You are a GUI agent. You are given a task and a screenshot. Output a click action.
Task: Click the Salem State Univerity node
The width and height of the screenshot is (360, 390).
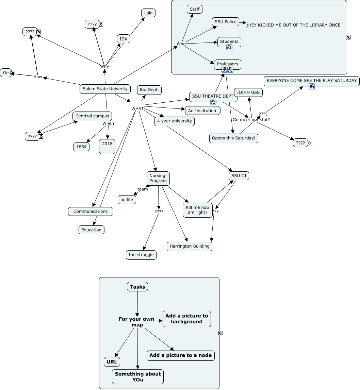point(105,89)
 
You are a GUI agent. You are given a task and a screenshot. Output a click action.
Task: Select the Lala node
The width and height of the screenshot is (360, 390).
point(148,13)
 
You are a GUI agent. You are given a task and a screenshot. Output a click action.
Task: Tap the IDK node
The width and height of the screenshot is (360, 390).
point(124,39)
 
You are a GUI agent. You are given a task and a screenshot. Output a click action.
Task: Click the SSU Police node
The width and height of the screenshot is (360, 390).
point(225,22)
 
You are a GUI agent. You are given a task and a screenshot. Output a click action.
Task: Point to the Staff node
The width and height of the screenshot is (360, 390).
point(195,9)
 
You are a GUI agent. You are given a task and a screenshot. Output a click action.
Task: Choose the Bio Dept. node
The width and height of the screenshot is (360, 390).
point(149,90)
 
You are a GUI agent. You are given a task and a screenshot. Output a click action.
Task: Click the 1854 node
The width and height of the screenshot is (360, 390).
point(81,147)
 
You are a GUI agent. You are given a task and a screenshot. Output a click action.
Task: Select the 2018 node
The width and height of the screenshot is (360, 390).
point(107,146)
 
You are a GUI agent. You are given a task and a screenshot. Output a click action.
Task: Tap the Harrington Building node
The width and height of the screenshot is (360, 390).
point(190,247)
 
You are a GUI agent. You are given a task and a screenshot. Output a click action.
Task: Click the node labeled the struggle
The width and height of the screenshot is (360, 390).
point(141,255)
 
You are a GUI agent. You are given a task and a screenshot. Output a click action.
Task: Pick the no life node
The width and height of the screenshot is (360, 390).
point(127,200)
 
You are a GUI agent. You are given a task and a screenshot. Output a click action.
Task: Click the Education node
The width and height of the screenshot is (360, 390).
point(91,230)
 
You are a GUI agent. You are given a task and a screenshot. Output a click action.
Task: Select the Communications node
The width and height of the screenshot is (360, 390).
point(91,211)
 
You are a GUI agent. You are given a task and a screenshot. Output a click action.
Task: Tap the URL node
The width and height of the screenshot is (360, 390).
point(112,362)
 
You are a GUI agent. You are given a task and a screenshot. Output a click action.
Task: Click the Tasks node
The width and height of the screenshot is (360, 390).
point(137,287)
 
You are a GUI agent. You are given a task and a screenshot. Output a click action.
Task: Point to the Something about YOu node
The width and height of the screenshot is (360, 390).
point(138,377)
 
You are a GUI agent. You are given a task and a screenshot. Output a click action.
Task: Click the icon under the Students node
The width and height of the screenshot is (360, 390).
point(229,47)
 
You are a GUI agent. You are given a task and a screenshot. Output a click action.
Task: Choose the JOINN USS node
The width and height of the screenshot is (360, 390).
point(248,92)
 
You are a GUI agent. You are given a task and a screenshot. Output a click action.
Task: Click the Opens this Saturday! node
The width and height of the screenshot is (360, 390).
point(233,138)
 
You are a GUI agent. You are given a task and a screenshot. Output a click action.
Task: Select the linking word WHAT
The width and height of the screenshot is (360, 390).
point(137,108)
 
